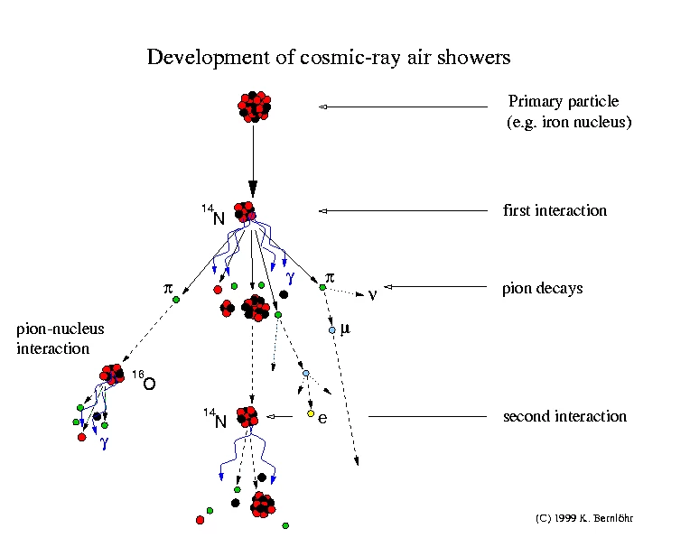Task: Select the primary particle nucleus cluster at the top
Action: [254, 107]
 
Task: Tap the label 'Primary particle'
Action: [564, 101]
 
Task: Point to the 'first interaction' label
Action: [555, 210]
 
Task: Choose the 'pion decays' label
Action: [542, 289]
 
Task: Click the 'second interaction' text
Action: [564, 416]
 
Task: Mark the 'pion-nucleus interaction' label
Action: [60, 338]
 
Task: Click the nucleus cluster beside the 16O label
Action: [113, 374]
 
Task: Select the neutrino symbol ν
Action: [371, 294]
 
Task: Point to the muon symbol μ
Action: [344, 328]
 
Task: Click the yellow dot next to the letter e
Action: [311, 414]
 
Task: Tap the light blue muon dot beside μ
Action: [332, 330]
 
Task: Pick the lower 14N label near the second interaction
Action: [214, 417]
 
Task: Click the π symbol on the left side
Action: [167, 288]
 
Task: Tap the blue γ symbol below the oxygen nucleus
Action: [104, 442]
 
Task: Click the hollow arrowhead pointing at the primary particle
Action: [323, 108]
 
